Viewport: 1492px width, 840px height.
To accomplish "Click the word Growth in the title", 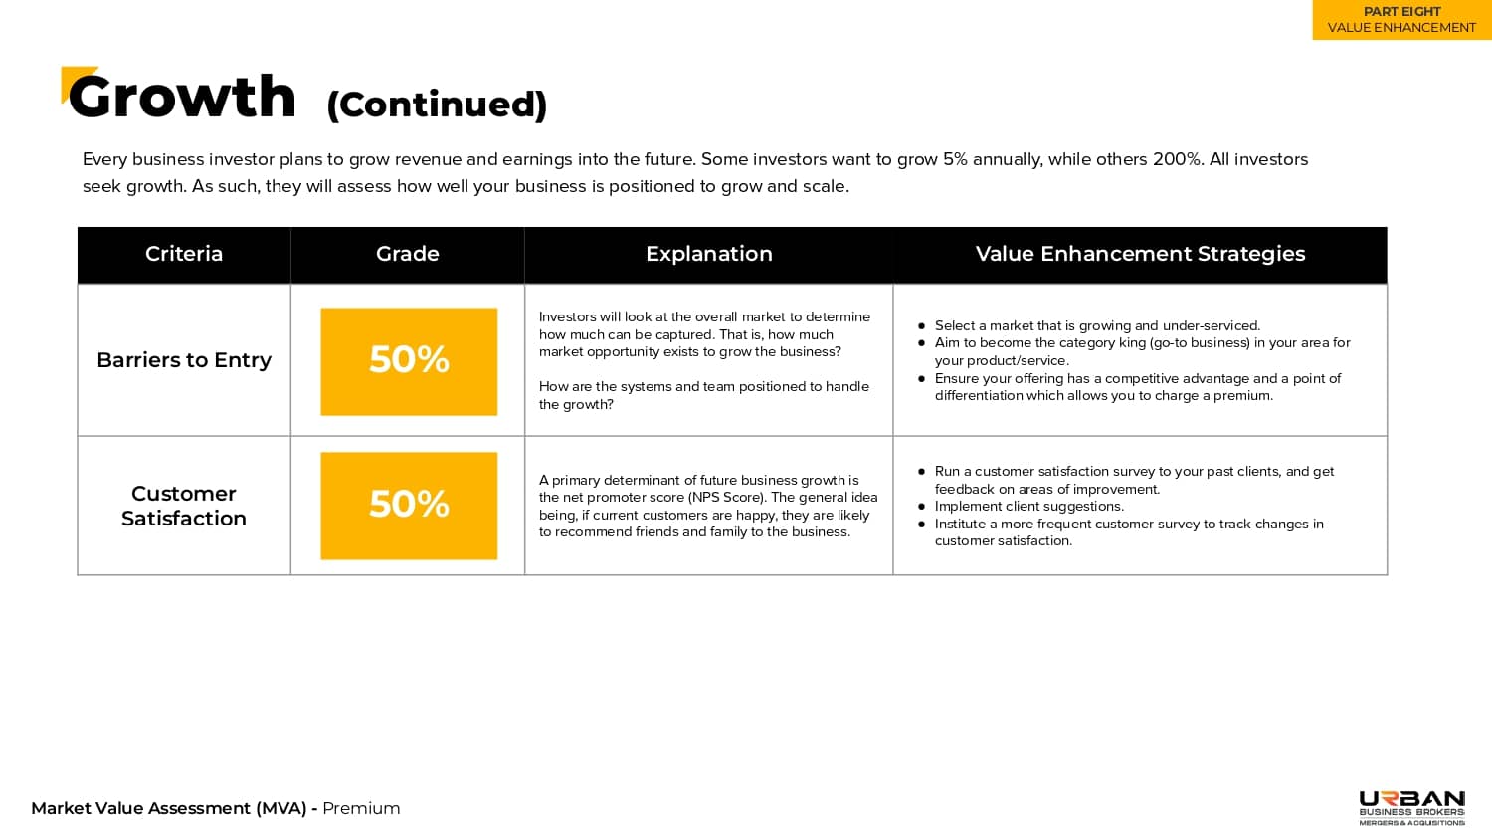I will [x=183, y=98].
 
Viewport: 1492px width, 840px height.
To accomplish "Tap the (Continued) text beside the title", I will [x=437, y=105].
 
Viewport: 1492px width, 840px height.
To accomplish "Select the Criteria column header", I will [x=184, y=254].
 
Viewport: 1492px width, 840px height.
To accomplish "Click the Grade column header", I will [x=408, y=254].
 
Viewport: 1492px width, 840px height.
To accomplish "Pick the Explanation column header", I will [x=709, y=254].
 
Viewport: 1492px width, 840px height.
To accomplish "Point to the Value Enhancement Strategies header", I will [x=1140, y=254].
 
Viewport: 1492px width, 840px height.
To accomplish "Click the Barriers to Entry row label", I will [x=184, y=360].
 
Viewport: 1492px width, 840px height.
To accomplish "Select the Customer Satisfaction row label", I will [x=184, y=506].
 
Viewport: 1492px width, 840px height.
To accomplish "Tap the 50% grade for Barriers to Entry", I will [x=409, y=360].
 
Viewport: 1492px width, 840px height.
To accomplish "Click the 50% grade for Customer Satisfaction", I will [x=409, y=505].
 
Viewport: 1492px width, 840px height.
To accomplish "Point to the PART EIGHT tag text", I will [x=1401, y=12].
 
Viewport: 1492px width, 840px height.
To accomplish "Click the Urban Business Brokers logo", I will [x=1411, y=807].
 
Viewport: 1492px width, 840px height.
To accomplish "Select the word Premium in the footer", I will [x=361, y=808].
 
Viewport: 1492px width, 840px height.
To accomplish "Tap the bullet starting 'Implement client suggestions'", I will [x=1028, y=506].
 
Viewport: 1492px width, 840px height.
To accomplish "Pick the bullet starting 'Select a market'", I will [x=1097, y=325].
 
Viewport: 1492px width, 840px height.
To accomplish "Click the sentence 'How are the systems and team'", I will [x=704, y=386].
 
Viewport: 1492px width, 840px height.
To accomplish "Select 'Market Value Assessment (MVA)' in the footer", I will [x=168, y=808].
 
